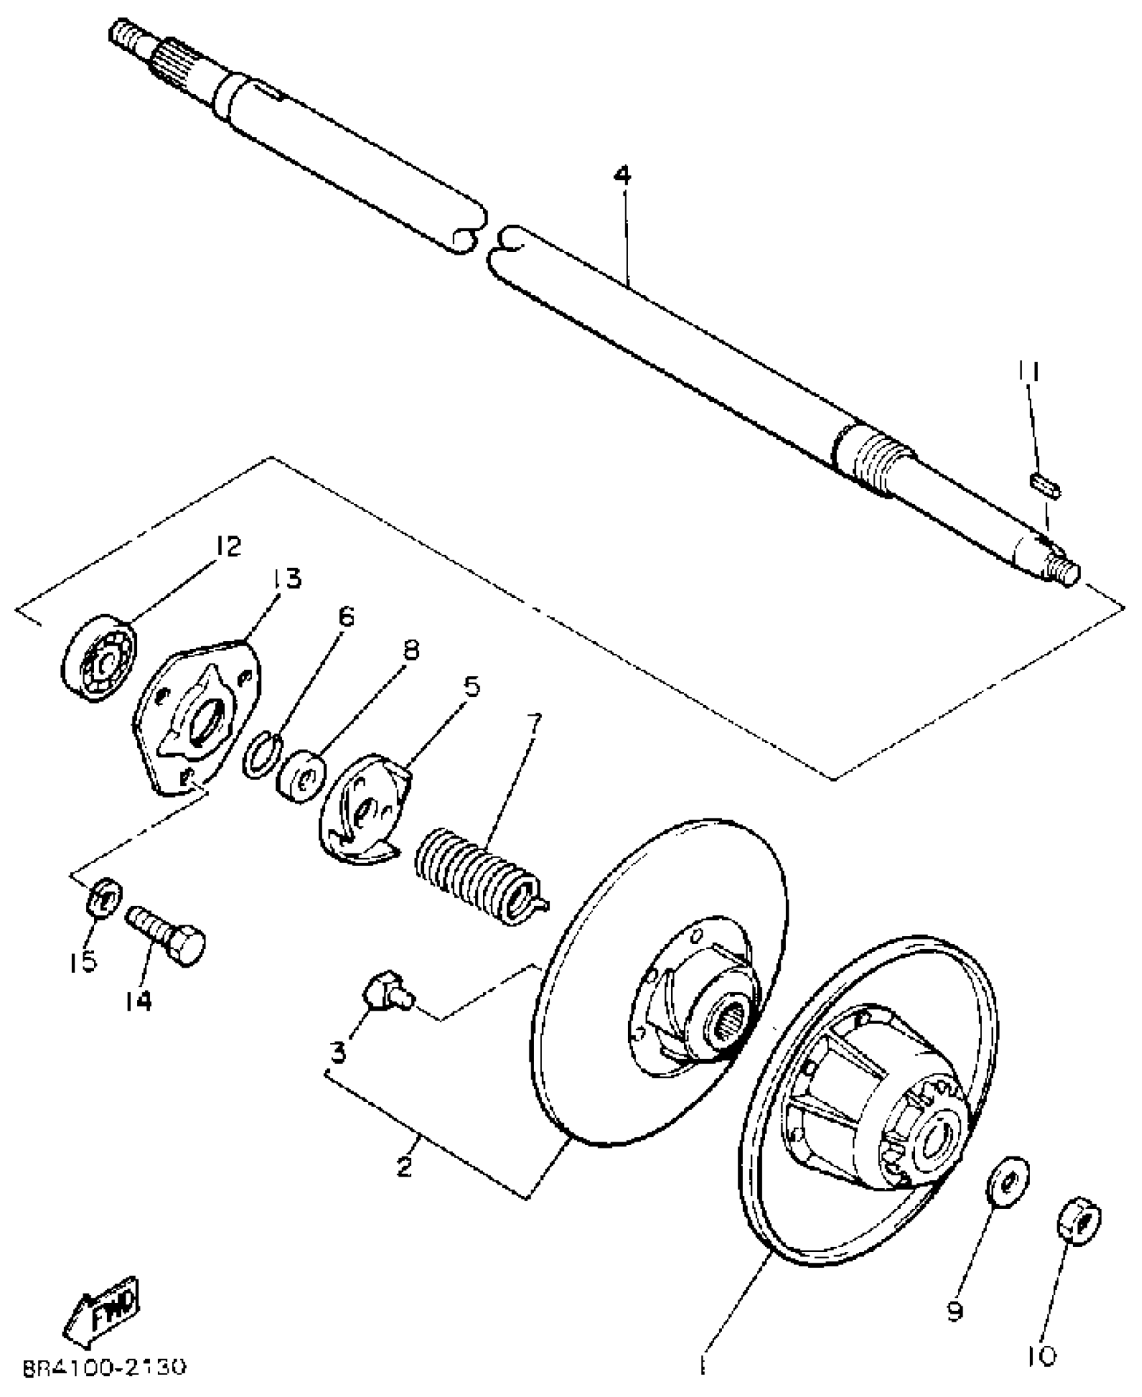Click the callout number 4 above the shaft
(623, 177)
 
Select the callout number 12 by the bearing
(227, 548)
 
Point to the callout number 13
(285, 579)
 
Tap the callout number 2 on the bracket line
(404, 1165)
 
